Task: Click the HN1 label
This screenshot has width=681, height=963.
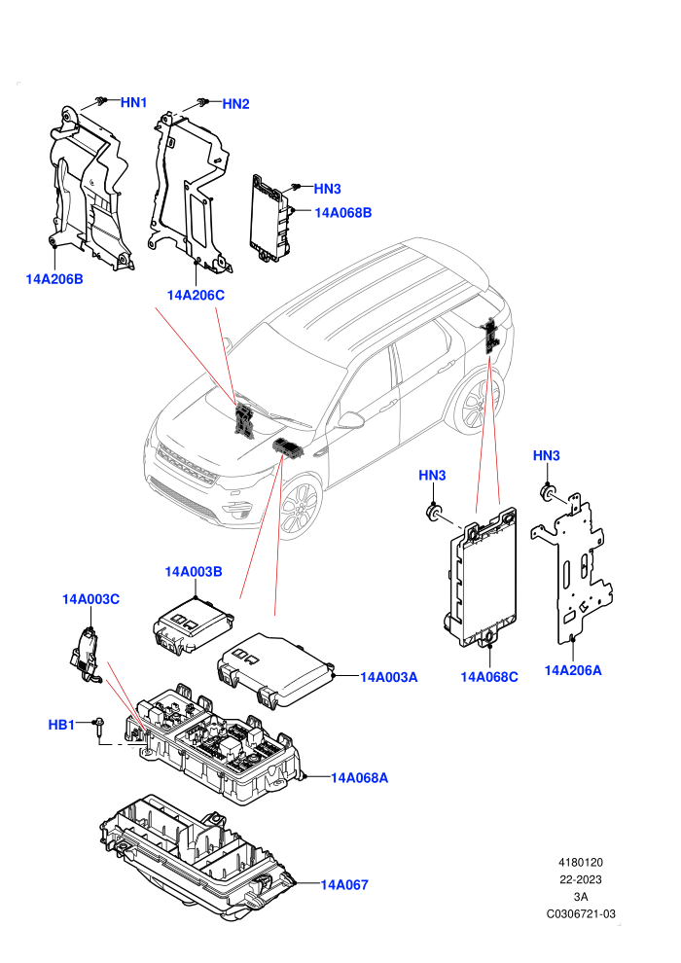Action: coord(133,102)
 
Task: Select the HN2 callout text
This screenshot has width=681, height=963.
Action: coord(235,104)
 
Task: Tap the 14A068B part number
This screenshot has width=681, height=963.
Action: coord(343,213)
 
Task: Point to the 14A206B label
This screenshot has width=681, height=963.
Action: coord(54,279)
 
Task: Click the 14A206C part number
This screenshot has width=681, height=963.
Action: coord(196,296)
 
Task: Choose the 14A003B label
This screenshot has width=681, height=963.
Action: coord(194,572)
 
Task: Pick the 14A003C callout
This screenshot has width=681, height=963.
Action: coord(90,599)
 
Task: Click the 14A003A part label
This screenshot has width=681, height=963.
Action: coord(389,677)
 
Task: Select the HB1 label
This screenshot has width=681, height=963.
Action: coord(61,726)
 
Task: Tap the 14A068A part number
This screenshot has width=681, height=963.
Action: coord(360,778)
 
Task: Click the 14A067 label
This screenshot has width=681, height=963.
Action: coord(344,885)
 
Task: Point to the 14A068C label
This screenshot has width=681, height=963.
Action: coord(489,677)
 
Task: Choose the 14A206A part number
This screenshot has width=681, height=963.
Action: coord(573,670)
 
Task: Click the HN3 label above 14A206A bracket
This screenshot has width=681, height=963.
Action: coord(547,455)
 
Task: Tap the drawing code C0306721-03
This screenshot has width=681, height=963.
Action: coord(581,913)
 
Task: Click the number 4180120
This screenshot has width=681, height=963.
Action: coord(580,862)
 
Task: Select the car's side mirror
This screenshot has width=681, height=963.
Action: coord(349,420)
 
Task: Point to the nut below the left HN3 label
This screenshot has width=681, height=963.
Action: coord(435,512)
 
